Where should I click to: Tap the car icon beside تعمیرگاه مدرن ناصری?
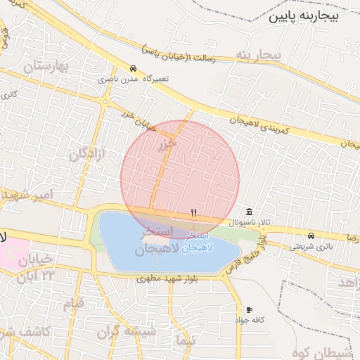click(133, 68)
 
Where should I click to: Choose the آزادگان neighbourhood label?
click(88, 154)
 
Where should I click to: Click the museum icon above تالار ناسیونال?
click(250, 212)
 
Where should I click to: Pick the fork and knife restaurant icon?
click(194, 212)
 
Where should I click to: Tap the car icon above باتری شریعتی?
click(311, 235)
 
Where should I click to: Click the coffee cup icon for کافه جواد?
click(249, 309)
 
